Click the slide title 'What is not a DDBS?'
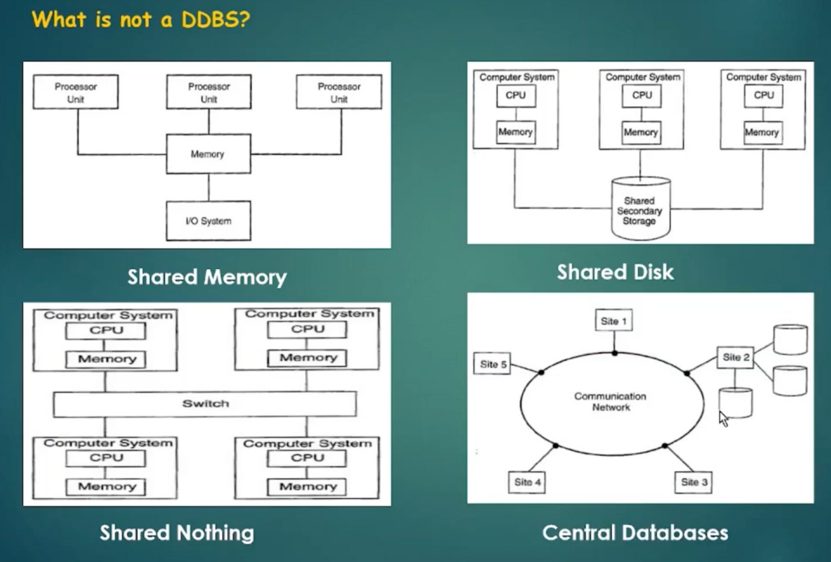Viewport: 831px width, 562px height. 141,19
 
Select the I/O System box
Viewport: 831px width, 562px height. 208,221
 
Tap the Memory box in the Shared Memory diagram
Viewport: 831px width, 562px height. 208,154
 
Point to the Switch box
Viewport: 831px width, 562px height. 205,404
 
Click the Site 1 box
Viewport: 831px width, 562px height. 614,321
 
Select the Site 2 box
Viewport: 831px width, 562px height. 735,357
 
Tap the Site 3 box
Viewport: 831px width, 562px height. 694,482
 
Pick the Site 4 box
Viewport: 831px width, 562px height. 527,482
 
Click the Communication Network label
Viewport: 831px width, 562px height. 611,401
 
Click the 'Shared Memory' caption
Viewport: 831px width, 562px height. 207,277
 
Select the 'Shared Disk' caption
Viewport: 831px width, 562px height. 615,272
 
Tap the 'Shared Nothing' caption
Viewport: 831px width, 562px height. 177,532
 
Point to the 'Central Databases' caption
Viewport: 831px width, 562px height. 635,532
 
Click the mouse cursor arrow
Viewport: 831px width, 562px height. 723,418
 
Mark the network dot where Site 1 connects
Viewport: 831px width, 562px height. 614,353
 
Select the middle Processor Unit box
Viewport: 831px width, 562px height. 209,92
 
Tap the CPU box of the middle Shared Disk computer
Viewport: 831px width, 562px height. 642,95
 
